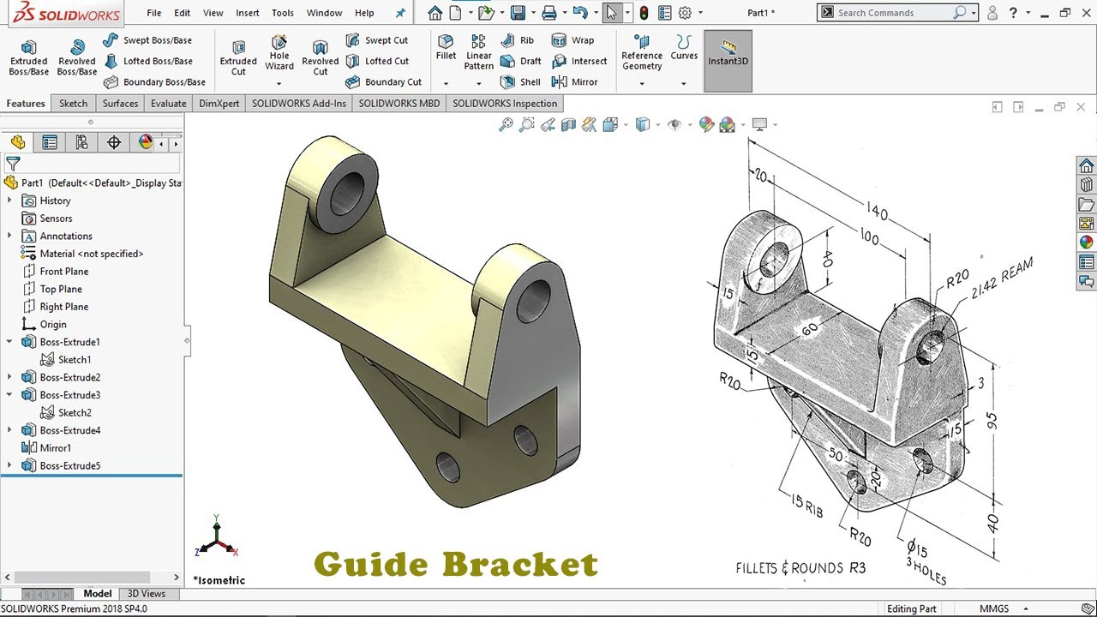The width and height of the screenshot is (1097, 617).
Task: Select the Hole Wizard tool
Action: (279, 53)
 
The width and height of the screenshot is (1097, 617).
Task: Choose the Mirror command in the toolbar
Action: (575, 82)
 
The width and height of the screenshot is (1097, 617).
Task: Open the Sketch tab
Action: (73, 104)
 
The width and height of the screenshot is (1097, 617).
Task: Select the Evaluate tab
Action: (168, 104)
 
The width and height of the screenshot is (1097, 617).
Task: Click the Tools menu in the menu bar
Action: (282, 13)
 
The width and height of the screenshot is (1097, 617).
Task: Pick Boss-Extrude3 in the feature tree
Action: (69, 395)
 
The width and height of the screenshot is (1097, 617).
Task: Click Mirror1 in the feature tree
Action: (55, 448)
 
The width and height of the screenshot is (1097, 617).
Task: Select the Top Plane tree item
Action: (61, 289)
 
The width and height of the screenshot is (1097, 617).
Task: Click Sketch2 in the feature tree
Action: (75, 413)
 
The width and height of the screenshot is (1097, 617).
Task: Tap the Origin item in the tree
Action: (52, 325)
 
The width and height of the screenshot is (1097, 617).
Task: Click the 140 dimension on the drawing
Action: (877, 212)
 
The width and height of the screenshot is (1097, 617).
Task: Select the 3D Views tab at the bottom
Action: (147, 593)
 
